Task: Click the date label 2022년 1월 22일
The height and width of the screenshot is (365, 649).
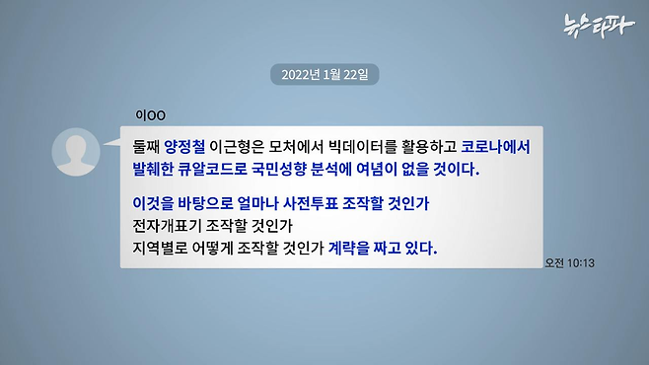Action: coord(324,75)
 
